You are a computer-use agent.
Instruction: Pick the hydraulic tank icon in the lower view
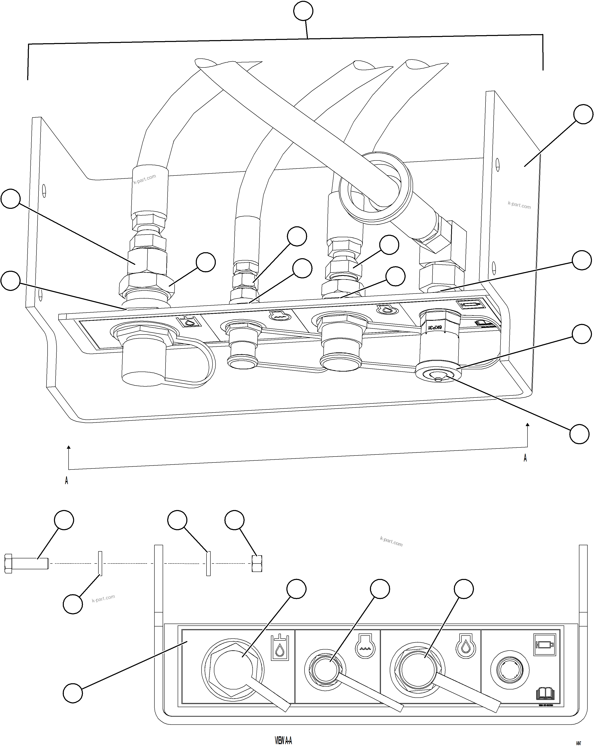[x=279, y=647]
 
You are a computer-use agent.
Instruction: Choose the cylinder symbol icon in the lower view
[x=544, y=644]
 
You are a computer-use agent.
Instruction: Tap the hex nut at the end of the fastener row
[x=257, y=563]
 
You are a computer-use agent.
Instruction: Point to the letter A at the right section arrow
[x=525, y=458]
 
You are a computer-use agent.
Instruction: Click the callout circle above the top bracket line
[x=303, y=11]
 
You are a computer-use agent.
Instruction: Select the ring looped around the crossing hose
[x=376, y=187]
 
